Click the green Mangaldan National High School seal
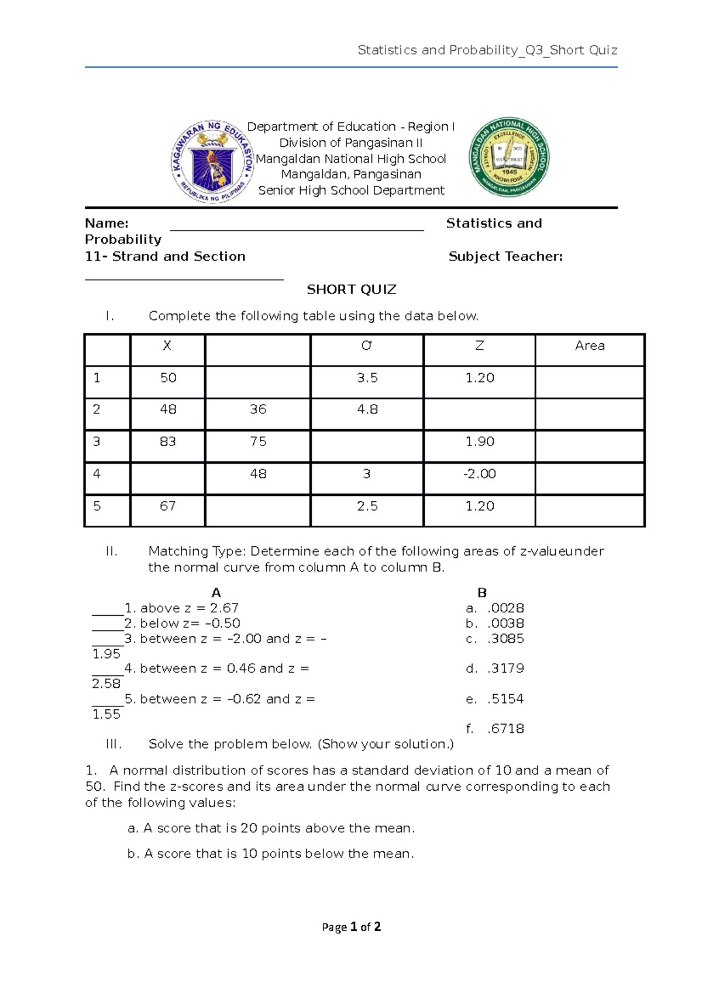point(509,157)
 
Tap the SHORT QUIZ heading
point(352,289)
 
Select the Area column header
point(590,346)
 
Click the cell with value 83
point(168,442)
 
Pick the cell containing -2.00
point(480,474)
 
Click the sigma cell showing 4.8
point(367,409)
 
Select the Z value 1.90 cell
point(480,442)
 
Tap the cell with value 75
point(258,442)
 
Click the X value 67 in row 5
point(168,506)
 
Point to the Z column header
point(480,346)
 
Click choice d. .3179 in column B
point(495,668)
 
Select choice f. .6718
point(495,729)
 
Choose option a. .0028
point(495,608)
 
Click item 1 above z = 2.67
point(181,608)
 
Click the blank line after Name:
point(297,226)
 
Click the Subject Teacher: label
point(505,256)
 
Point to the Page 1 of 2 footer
point(352,927)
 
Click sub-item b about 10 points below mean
point(270,854)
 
